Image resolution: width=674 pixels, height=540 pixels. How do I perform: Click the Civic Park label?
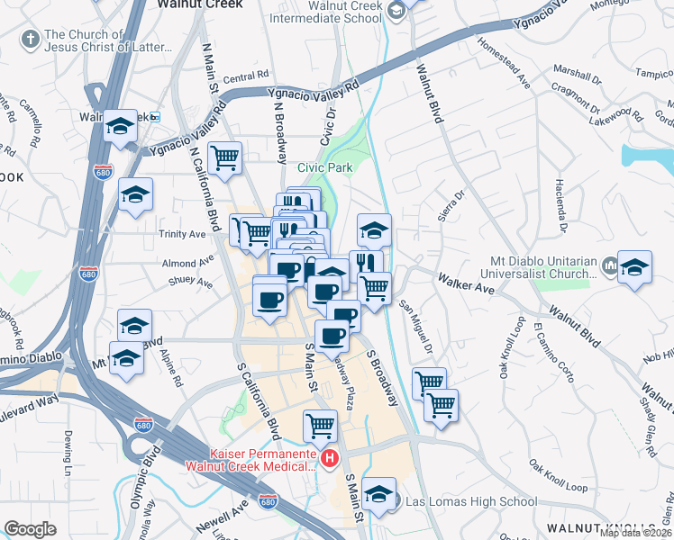click(326, 167)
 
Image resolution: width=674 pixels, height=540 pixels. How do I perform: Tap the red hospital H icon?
click(330, 460)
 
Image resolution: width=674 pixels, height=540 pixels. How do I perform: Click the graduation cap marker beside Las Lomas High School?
click(379, 493)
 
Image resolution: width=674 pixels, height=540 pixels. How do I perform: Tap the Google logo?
click(31, 529)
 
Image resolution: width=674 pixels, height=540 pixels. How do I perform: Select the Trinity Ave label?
click(184, 234)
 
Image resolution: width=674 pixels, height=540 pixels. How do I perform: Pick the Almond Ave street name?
click(178, 264)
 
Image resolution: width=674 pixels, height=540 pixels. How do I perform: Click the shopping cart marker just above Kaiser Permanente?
click(320, 425)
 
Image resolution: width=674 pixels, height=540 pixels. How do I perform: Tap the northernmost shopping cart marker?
click(224, 157)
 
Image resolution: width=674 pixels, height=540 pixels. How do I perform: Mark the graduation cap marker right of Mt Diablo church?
click(634, 266)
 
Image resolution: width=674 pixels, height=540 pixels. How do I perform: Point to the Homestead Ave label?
click(504, 61)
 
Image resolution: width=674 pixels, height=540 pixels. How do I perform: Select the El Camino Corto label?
click(552, 350)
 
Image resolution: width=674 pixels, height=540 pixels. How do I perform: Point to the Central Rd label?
click(246, 78)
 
